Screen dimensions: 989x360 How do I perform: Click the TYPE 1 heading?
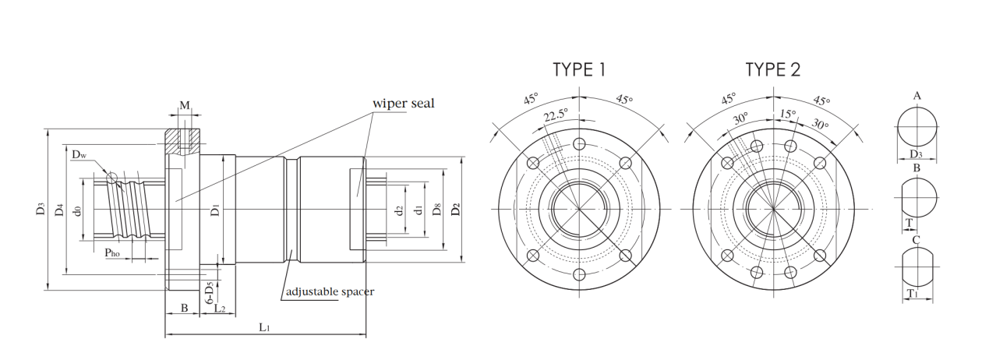[579, 69]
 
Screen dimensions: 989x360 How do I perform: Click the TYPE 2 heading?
[772, 69]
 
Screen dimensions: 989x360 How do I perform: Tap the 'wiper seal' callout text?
[404, 103]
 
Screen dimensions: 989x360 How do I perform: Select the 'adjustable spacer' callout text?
[330, 291]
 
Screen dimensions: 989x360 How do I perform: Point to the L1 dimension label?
[264, 327]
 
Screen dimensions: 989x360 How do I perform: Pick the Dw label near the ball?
[79, 154]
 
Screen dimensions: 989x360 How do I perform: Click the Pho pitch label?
[112, 252]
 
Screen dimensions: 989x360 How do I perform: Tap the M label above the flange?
[185, 105]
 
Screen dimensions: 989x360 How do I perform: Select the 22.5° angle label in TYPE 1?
[556, 115]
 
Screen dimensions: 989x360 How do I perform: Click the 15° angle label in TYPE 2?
[788, 115]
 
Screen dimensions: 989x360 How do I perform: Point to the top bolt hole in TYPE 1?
[579, 144]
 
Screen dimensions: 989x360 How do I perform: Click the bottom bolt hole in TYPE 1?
[579, 275]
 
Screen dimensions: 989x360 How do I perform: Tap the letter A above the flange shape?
[917, 96]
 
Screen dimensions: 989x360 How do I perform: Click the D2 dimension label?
[456, 209]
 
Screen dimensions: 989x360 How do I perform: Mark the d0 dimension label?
[78, 210]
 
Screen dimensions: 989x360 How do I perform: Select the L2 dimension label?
[220, 309]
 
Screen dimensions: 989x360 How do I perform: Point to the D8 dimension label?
[436, 209]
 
